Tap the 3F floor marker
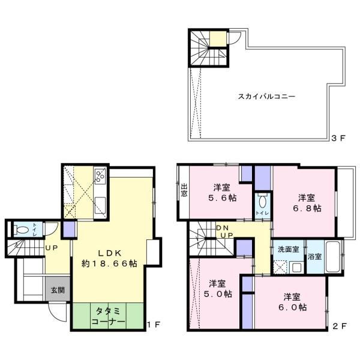[338, 137]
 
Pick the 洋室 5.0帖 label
[217, 289]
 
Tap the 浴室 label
[314, 256]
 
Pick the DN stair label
[223, 228]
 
